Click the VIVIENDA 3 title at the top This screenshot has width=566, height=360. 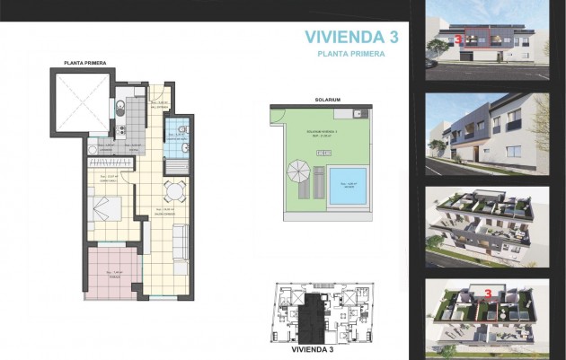click(351, 36)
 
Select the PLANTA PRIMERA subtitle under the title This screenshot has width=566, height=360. click(351, 54)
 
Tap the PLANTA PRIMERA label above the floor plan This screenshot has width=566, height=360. click(85, 63)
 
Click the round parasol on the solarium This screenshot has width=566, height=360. click(298, 171)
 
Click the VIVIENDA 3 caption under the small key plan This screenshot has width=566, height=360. click(316, 348)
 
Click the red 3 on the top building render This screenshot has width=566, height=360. click(459, 40)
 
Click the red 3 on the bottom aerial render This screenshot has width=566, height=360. click(487, 293)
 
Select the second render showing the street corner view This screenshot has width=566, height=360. click(486, 132)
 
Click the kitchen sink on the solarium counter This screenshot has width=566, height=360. click(358, 113)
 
